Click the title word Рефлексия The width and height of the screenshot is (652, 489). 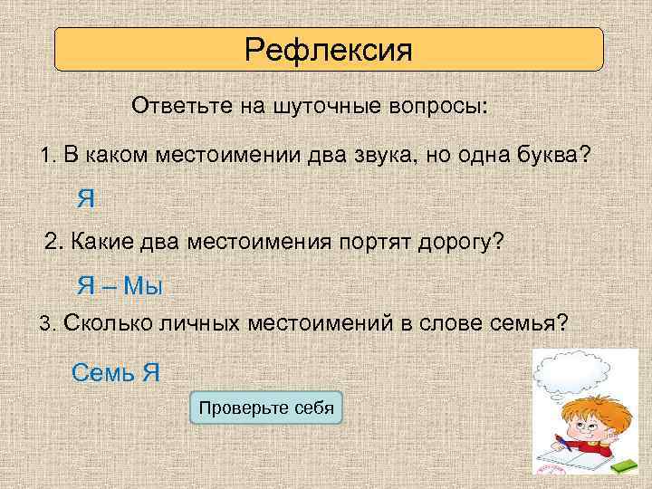click(328, 49)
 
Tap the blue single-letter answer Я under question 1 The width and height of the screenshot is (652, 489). click(86, 198)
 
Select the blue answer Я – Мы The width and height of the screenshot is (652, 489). click(120, 287)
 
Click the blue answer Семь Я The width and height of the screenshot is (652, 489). click(115, 371)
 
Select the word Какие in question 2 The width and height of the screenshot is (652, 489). click(99, 243)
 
